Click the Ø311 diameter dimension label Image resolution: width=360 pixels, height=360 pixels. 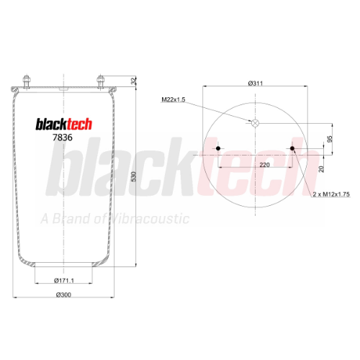click(256, 84)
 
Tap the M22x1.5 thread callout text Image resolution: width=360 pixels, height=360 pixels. click(174, 99)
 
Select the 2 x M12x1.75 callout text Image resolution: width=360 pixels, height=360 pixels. click(331, 194)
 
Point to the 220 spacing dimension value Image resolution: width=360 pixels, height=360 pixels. click(264, 165)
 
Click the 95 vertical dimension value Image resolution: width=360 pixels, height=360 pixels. click(330, 139)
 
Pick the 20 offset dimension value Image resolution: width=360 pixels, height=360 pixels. click(321, 169)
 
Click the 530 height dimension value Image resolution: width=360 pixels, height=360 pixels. click(134, 176)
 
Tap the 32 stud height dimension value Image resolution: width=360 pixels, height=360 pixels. click(133, 81)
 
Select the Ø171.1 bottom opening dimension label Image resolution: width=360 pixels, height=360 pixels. click(64, 280)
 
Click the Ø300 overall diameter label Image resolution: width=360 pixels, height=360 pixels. click(63, 294)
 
